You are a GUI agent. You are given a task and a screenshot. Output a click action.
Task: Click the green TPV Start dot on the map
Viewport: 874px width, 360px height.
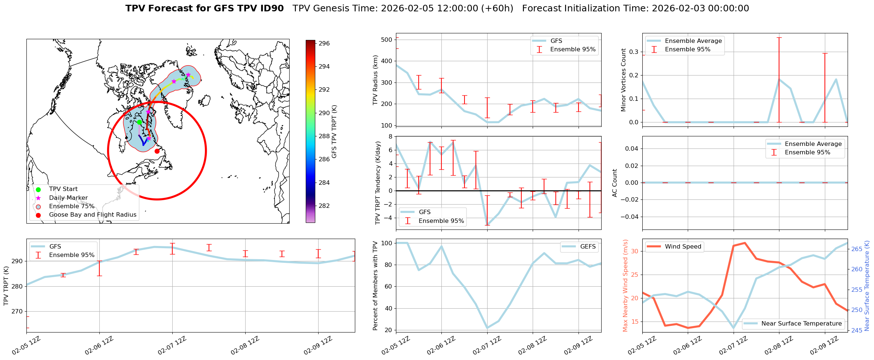[x=139, y=122]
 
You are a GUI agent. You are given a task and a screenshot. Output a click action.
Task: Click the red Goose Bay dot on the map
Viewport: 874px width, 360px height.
[x=157, y=151]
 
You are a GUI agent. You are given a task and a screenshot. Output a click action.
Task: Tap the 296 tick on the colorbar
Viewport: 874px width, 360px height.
[x=324, y=43]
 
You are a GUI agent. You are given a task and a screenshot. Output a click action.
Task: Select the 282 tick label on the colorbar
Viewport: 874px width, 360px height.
[x=324, y=206]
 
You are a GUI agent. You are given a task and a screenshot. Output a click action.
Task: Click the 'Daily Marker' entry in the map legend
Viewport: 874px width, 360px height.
[x=68, y=198]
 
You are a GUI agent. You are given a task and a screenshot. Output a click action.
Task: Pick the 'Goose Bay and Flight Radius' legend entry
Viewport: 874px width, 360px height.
[x=92, y=215]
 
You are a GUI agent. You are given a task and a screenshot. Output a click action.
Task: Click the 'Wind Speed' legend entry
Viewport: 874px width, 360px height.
[x=683, y=247]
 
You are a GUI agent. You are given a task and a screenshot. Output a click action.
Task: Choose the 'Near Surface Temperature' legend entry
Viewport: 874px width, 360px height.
[x=801, y=324]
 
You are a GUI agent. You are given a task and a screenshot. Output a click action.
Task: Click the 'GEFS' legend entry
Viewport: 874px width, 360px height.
[x=588, y=247]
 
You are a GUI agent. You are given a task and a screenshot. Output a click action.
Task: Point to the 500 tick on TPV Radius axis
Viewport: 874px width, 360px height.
[x=387, y=40]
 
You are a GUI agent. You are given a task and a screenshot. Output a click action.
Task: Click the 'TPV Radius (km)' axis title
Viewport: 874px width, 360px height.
[x=375, y=80]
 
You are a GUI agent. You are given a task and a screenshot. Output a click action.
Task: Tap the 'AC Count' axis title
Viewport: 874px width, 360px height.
[x=615, y=183]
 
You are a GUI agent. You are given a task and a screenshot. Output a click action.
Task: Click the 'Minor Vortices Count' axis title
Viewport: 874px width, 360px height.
[x=624, y=80]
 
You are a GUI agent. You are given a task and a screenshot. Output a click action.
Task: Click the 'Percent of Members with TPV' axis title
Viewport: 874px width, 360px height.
[x=375, y=286]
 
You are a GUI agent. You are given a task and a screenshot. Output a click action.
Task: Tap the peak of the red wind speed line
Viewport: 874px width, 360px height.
[x=745, y=243]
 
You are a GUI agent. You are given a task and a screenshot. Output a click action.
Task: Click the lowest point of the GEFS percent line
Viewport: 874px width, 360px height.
[x=487, y=328]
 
